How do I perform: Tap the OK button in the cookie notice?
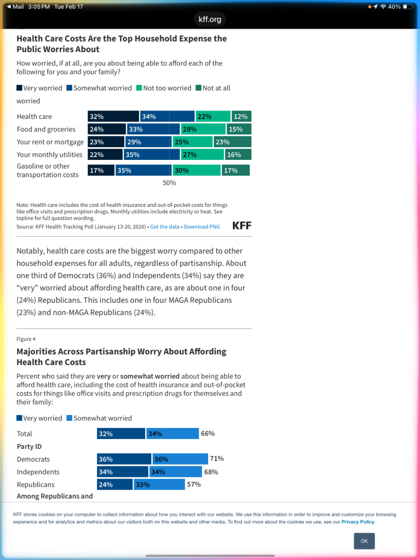(x=364, y=541)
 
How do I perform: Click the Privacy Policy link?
(x=358, y=522)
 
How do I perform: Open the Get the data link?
(x=165, y=227)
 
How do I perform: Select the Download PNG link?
(x=202, y=227)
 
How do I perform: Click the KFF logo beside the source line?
(x=242, y=226)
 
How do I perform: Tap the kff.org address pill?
(x=210, y=20)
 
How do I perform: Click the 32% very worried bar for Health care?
(x=113, y=117)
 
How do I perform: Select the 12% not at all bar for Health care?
(x=241, y=117)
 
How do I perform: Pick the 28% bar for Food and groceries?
(x=203, y=129)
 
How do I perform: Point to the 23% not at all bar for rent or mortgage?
(x=232, y=142)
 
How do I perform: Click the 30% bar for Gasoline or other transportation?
(x=197, y=170)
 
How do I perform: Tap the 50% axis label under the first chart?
(x=169, y=183)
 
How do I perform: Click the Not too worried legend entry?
(x=164, y=88)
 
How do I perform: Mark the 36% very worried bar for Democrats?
(x=124, y=459)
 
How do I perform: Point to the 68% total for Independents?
(x=211, y=472)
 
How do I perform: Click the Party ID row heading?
(x=29, y=447)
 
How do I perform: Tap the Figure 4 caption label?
(x=26, y=339)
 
